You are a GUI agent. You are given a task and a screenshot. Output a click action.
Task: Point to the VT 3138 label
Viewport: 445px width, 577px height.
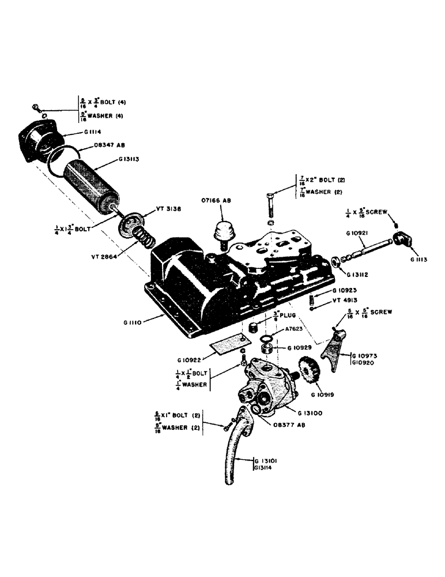click(168, 209)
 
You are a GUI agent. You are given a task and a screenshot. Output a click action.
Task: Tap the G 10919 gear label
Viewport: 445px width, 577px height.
click(324, 395)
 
